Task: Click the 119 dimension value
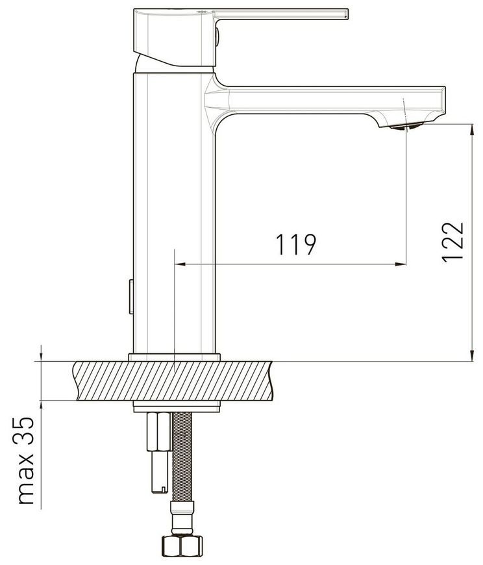click(295, 244)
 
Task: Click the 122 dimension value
click(452, 242)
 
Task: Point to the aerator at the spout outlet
click(405, 126)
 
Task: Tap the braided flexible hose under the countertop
click(182, 458)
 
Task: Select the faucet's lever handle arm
click(281, 14)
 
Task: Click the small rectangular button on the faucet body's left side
click(131, 297)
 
